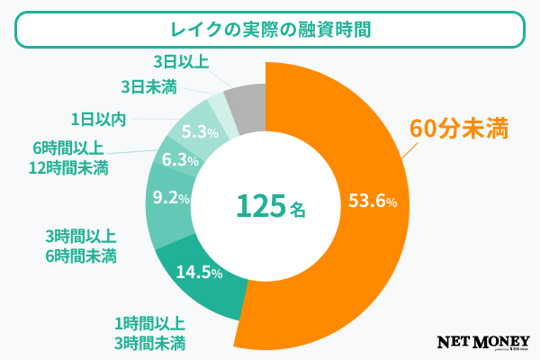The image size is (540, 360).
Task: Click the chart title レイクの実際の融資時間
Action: pos(269,31)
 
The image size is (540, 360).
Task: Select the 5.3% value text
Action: pos(200,132)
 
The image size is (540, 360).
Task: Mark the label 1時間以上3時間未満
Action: pos(150,333)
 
